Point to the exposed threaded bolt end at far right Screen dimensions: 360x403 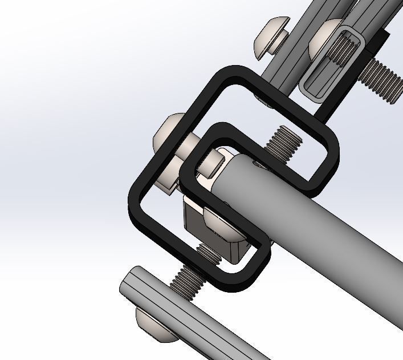point(382,80)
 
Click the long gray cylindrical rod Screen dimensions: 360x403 point(319,228)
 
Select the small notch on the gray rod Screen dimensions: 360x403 point(259,165)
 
